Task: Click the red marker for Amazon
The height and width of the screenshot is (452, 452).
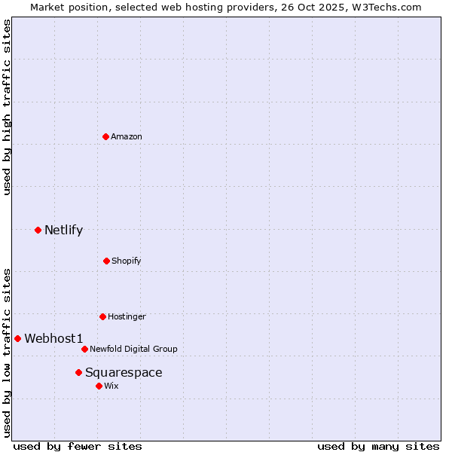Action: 106,136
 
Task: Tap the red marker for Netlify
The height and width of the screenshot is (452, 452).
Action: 38,230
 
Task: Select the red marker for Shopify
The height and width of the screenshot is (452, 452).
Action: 106,261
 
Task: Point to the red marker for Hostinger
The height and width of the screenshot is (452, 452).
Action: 102,316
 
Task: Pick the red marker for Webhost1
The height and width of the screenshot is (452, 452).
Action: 17,338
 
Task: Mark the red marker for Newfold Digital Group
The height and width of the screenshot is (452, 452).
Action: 84,349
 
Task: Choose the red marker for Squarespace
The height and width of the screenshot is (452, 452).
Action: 78,372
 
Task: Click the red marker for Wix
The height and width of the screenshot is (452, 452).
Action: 99,386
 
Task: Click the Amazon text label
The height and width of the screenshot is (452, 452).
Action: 127,136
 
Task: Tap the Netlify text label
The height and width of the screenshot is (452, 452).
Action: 63,230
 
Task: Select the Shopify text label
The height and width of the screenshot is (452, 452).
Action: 127,261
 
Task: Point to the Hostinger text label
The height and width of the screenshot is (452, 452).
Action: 127,316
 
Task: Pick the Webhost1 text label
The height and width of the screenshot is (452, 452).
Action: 53,338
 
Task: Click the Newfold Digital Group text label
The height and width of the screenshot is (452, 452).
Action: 133,349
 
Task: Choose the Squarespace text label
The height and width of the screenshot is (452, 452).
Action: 124,372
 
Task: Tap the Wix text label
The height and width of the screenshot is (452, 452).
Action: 111,386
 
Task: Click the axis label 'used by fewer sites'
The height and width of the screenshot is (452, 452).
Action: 78,446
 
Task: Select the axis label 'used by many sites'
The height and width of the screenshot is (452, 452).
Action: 378,446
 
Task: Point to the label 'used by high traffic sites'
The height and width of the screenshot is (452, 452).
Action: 7,107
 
